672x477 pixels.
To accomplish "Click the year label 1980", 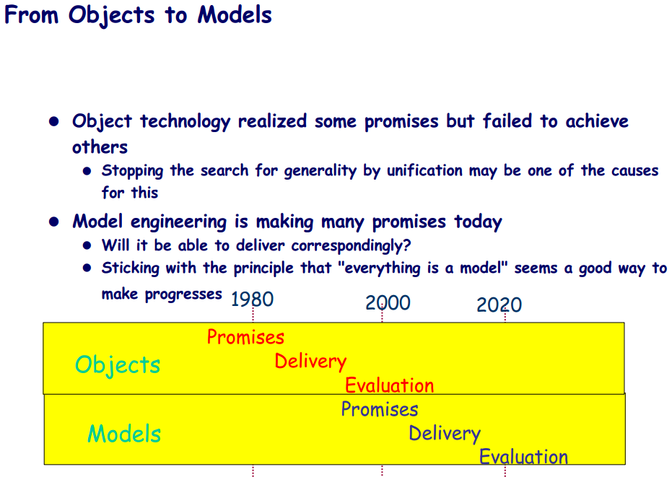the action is (x=252, y=299).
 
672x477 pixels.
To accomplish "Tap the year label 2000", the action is (x=388, y=302).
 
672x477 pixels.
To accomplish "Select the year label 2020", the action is (x=499, y=305).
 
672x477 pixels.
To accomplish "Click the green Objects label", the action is (x=118, y=365).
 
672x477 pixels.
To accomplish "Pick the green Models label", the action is (x=124, y=433).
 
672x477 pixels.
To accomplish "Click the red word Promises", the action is (x=245, y=337).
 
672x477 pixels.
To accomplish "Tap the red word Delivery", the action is (x=310, y=362).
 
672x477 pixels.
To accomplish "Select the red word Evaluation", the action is (x=390, y=385).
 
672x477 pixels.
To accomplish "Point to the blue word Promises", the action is (x=379, y=409).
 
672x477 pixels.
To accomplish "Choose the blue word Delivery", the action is (x=445, y=434).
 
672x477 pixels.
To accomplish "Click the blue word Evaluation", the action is (x=523, y=456).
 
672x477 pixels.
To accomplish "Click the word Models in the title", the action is (x=235, y=14).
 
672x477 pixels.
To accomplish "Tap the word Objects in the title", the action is (x=111, y=16).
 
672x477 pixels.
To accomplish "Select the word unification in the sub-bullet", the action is (x=424, y=170).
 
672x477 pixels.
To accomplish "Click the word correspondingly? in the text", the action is (x=351, y=246).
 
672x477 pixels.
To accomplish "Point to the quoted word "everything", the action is (x=379, y=268).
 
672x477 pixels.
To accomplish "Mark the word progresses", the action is (x=183, y=295).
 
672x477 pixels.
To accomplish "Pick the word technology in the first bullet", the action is (x=185, y=122).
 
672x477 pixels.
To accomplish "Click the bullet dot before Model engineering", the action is (x=54, y=222).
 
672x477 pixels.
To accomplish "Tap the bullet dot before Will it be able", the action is (x=87, y=245).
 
